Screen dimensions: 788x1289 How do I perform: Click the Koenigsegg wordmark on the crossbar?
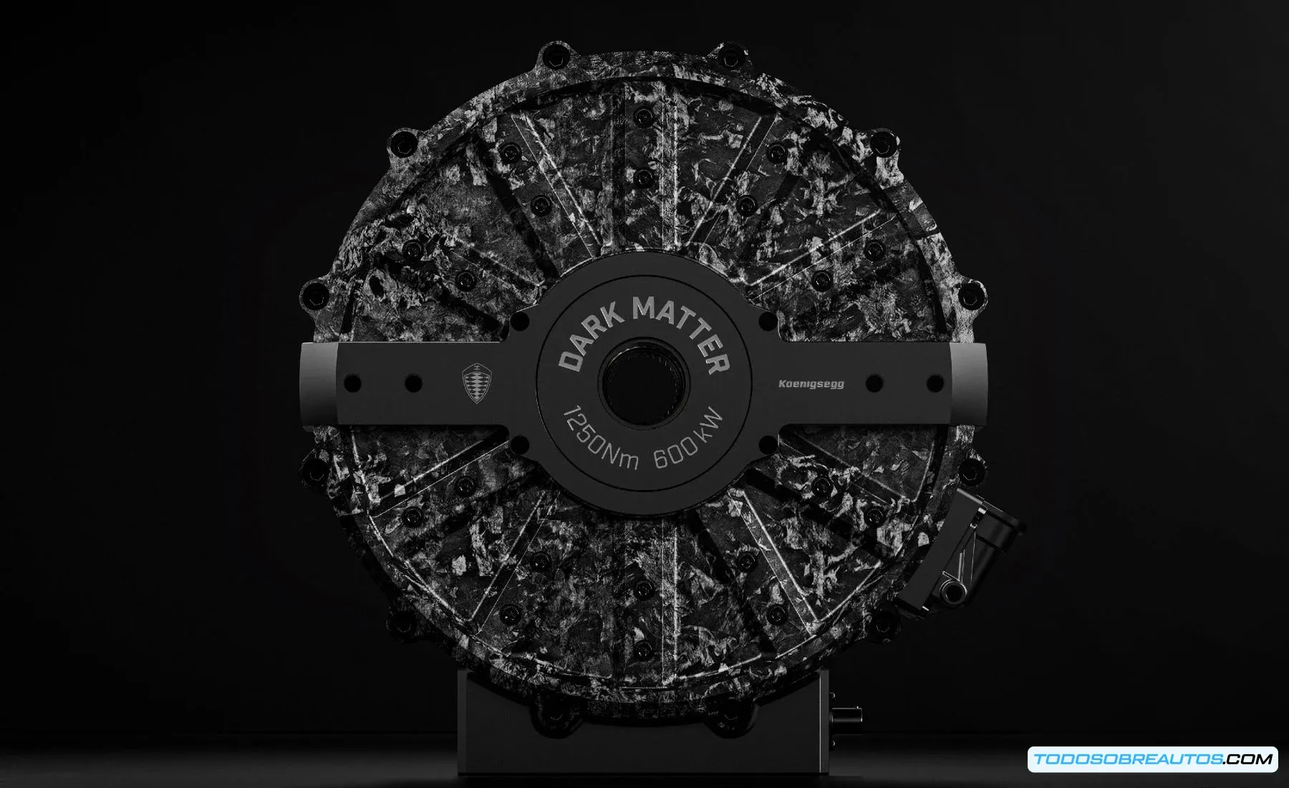811,384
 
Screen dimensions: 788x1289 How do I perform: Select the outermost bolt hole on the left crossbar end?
352,383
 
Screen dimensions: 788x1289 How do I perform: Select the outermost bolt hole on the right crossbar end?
935,383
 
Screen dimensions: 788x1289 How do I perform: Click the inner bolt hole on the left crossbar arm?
412,383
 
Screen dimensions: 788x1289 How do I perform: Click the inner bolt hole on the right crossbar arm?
874,383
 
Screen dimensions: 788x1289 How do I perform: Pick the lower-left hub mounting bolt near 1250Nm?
520,446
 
